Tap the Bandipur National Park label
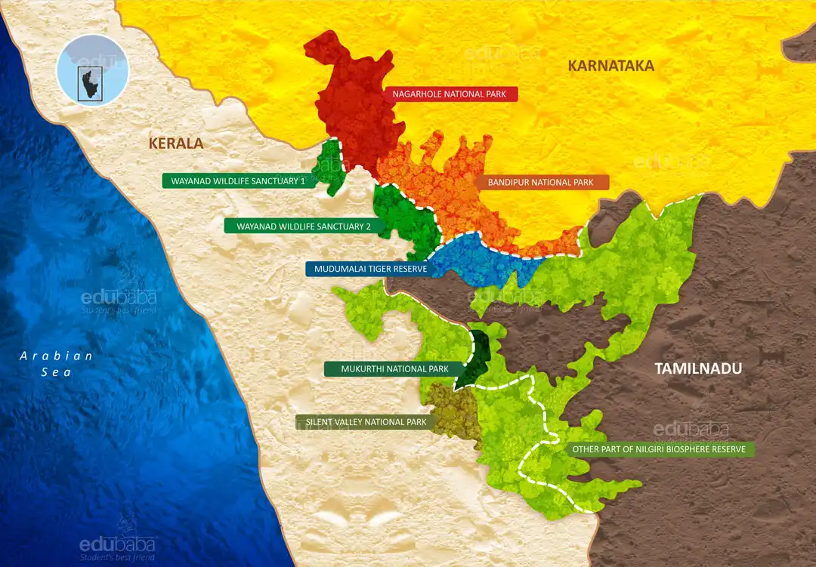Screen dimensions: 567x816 [542, 183]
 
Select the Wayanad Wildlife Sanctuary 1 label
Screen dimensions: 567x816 [238, 181]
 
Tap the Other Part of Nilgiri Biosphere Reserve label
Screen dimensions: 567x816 [659, 449]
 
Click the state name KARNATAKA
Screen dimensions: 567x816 [610, 66]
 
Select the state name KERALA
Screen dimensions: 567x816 [176, 143]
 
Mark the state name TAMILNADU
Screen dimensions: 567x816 [698, 368]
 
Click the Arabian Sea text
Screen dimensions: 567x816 [57, 363]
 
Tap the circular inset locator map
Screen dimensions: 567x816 [93, 70]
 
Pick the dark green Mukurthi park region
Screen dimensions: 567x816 [476, 355]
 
